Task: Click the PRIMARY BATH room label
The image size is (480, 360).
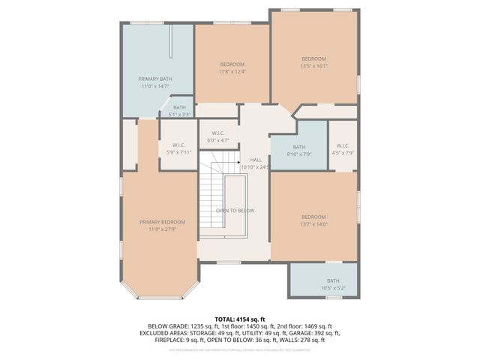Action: [x=155, y=79]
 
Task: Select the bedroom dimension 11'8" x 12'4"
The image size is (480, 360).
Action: [x=232, y=72]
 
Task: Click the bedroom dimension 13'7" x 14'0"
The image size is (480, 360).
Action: [x=313, y=223]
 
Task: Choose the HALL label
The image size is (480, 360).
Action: [x=255, y=160]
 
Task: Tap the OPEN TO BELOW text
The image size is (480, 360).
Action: [x=235, y=211]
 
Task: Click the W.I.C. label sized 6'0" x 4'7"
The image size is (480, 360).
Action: [x=218, y=140]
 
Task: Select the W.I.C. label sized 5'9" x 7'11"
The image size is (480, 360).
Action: [x=178, y=152]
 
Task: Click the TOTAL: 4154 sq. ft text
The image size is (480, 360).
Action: [x=239, y=319]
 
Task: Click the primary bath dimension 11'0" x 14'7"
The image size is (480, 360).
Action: [x=155, y=86]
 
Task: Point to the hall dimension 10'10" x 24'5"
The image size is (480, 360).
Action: [x=255, y=167]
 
